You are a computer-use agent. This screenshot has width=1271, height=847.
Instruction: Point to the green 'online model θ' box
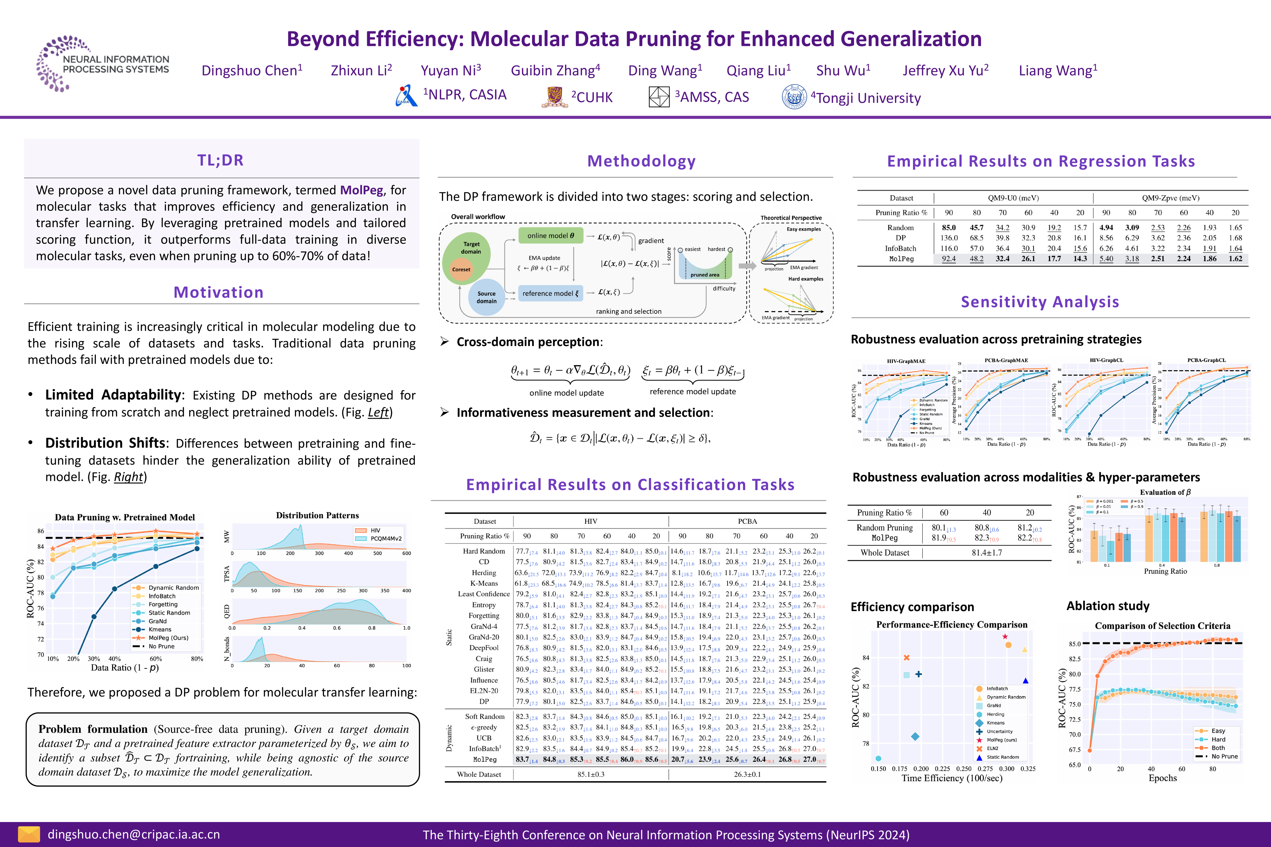coord(551,236)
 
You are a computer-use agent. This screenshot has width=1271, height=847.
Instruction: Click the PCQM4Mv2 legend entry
coord(386,538)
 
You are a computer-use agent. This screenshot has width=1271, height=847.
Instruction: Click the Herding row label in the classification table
coord(484,573)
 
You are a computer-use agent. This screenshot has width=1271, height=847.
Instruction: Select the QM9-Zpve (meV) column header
coord(1170,198)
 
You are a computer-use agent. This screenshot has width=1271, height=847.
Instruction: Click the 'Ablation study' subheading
coord(1108,606)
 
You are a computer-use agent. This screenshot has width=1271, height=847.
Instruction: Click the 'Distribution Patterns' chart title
coord(317,515)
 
